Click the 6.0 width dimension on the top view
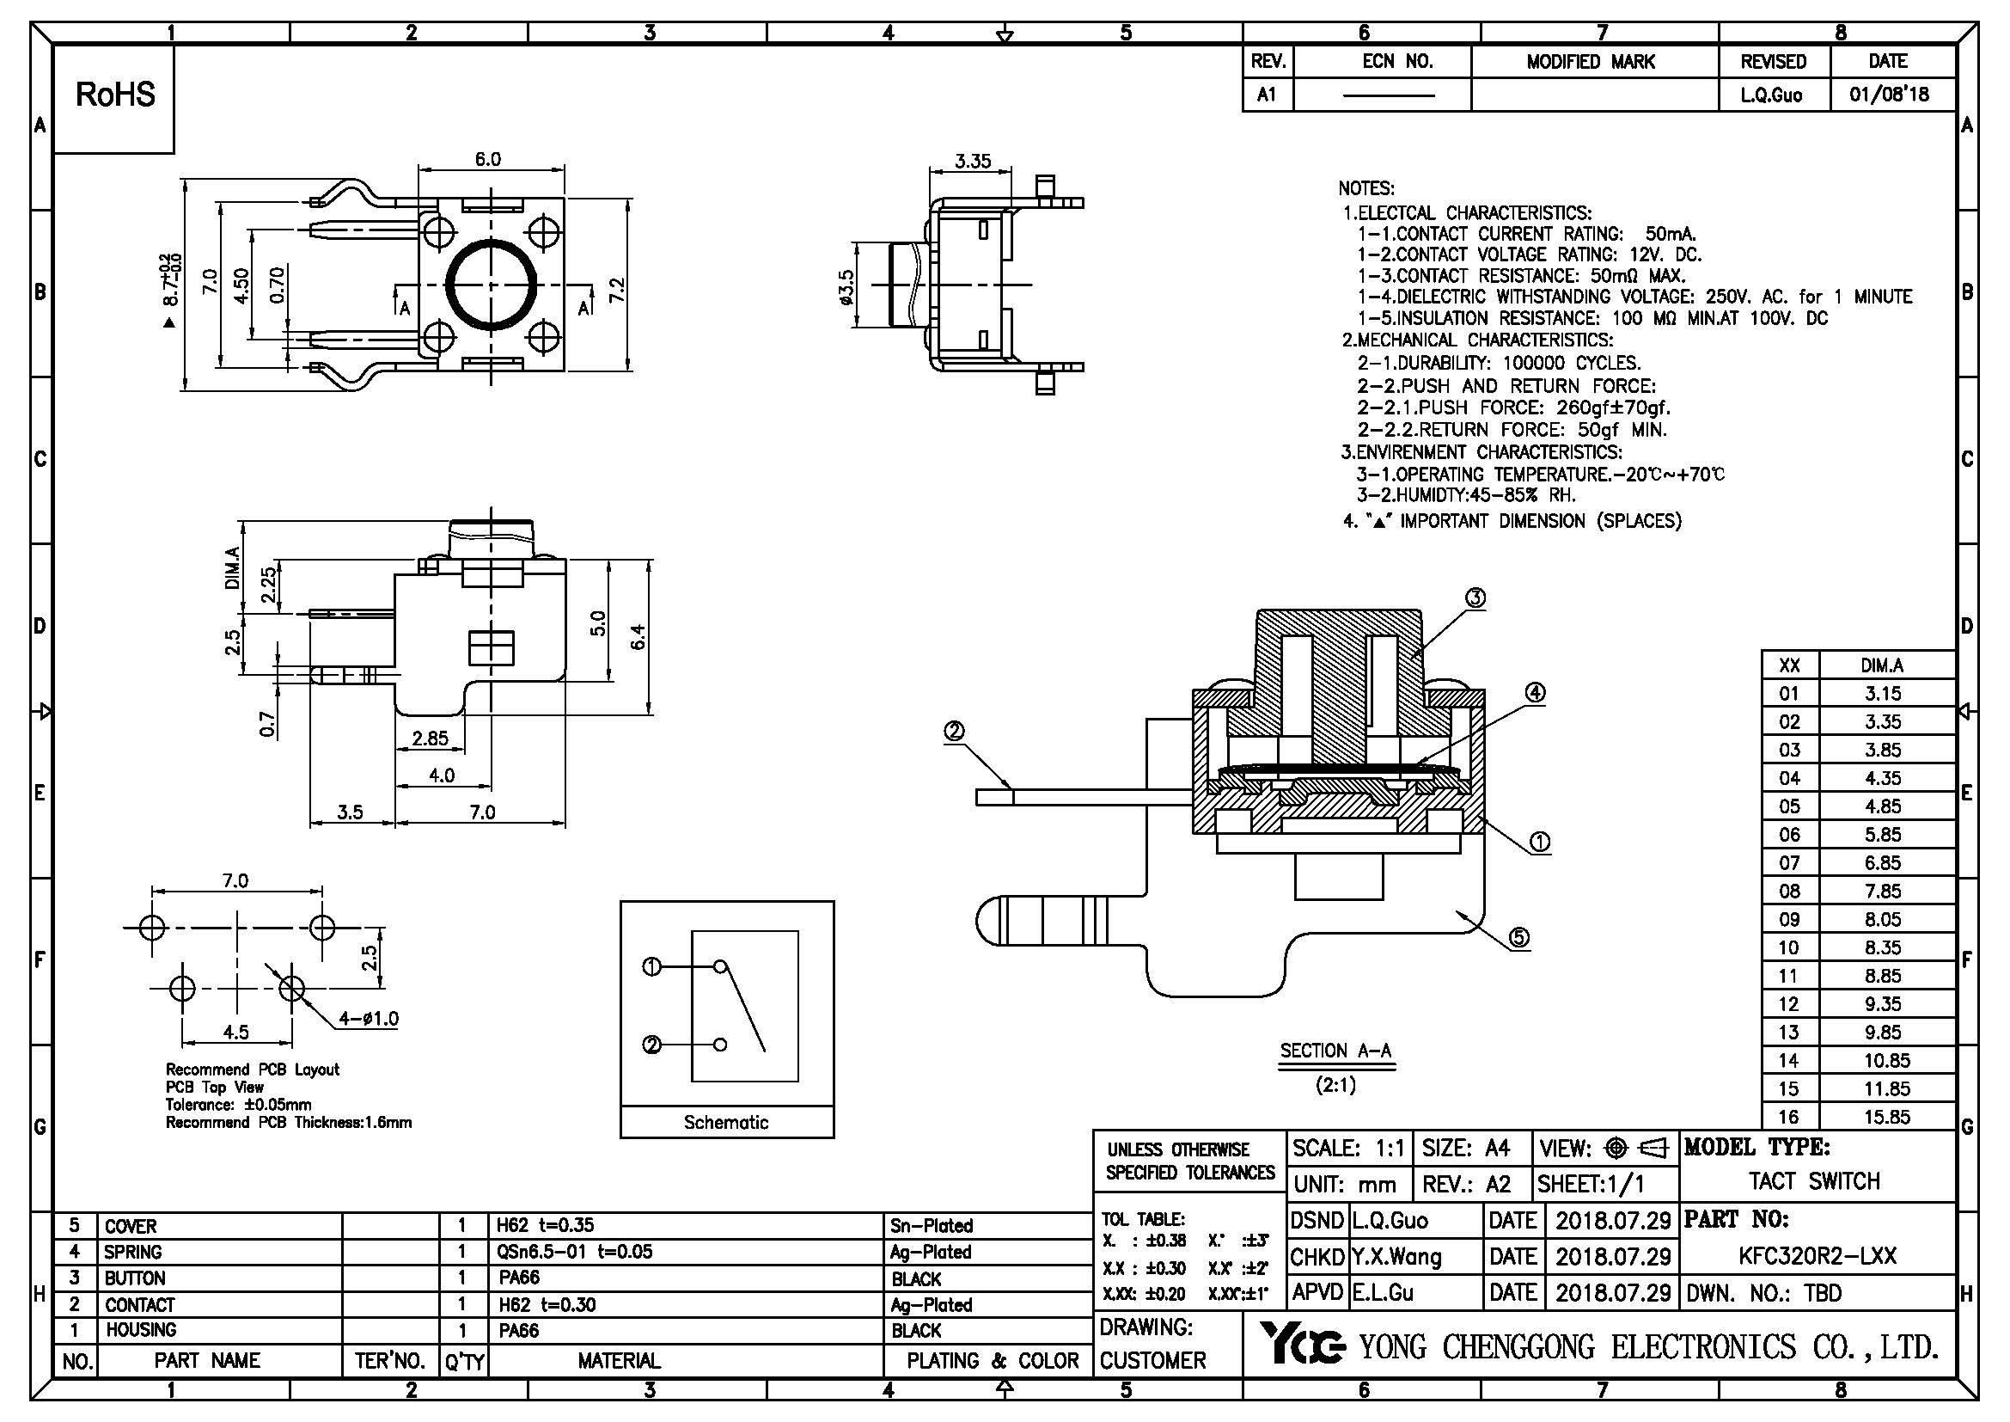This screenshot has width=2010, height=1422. pyautogui.click(x=487, y=159)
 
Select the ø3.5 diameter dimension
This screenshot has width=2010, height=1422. pyautogui.click(x=846, y=286)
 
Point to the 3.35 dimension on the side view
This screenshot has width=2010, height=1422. pyautogui.click(x=973, y=161)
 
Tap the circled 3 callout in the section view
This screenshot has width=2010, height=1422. pyautogui.click(x=1475, y=598)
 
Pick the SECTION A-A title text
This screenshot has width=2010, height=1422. pyautogui.click(x=1335, y=1051)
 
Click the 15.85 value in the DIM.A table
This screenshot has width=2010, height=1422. pyautogui.click(x=1886, y=1118)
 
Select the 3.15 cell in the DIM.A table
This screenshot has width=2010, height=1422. pyautogui.click(x=1882, y=694)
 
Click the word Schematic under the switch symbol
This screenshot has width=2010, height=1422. pyautogui.click(x=726, y=1123)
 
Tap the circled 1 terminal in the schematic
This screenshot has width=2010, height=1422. pyautogui.click(x=651, y=966)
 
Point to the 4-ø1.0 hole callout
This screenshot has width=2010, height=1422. pyautogui.click(x=369, y=1018)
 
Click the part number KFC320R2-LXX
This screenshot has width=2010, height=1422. pyautogui.click(x=1818, y=1257)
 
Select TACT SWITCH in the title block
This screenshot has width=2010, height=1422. pyautogui.click(x=1814, y=1181)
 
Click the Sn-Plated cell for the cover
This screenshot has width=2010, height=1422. pyautogui.click(x=932, y=1226)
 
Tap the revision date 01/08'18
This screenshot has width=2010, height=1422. pyautogui.click(x=1889, y=95)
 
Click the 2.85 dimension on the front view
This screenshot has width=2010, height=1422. pyautogui.click(x=430, y=739)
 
